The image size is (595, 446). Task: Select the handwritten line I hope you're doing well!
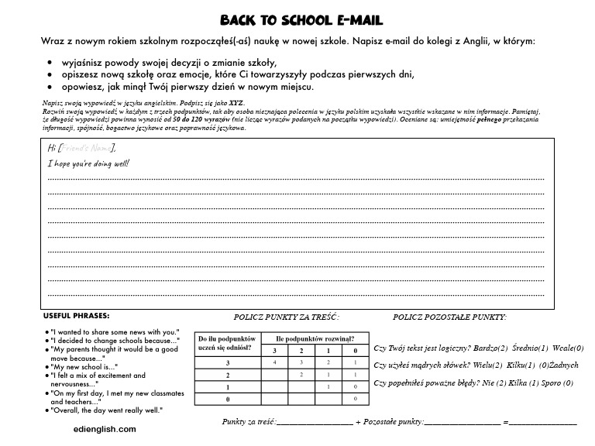[88, 163]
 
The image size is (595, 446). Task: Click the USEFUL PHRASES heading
[76, 316]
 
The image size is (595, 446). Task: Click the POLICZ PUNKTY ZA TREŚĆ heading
[286, 317]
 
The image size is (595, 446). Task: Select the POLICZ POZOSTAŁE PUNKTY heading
[449, 317]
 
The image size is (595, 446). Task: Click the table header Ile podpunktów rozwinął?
[314, 338]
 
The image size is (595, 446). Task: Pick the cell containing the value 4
[275, 362]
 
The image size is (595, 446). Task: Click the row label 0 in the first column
[228, 399]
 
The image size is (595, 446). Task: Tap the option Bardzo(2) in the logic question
[492, 348]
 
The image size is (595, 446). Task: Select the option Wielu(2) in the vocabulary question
[483, 365]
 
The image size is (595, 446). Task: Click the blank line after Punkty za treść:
[314, 423]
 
